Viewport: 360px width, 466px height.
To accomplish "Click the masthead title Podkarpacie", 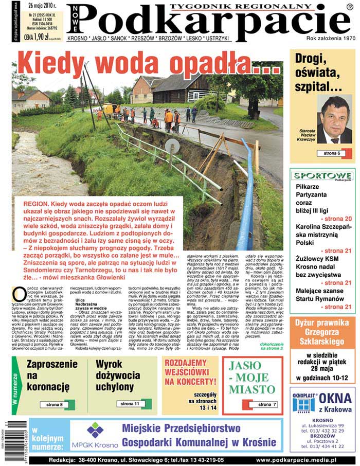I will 206,23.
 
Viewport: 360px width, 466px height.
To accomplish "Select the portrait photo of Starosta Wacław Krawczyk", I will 334,119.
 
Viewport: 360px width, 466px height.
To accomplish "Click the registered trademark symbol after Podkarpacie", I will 349,7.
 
